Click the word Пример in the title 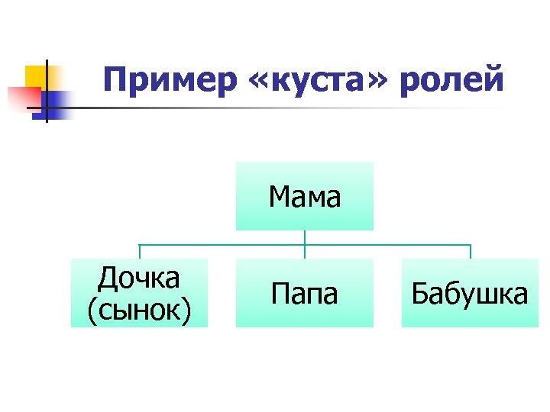click(170, 80)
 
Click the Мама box click(304, 197)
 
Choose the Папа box click(304, 293)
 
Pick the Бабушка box click(469, 293)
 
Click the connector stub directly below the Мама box click(305, 237)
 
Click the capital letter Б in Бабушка click(419, 293)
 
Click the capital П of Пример click(113, 80)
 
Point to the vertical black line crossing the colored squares click(46, 90)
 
